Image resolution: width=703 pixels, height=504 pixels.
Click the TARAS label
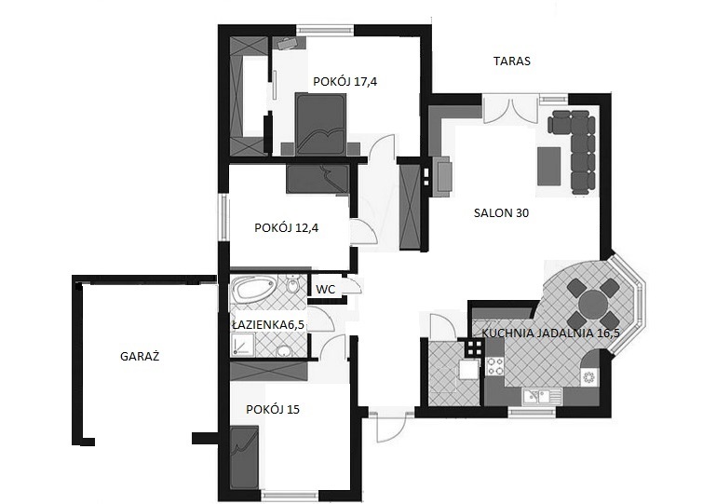(512, 61)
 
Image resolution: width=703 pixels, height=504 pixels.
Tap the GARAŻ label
(140, 357)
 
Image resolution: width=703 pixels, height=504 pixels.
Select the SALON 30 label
(501, 212)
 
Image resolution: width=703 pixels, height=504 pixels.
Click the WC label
(326, 289)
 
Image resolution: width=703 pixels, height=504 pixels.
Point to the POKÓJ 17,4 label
(345, 82)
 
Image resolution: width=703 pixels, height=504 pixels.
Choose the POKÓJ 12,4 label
(287, 228)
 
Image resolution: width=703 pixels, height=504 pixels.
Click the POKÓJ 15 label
(273, 409)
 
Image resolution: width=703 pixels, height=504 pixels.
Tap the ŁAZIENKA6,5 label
(268, 324)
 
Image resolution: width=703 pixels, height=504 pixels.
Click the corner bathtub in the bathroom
(254, 289)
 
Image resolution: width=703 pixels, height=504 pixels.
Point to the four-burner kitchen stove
(495, 365)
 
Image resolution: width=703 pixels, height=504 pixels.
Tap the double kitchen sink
(542, 397)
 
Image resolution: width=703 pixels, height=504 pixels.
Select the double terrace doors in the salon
(510, 109)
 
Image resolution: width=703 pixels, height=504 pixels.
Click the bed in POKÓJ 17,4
(320, 124)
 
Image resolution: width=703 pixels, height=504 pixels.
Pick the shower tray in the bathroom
(242, 347)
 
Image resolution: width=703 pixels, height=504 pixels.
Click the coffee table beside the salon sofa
(548, 167)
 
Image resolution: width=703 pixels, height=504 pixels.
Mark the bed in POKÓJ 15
(245, 458)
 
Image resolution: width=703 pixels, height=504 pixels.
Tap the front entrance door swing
(387, 426)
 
